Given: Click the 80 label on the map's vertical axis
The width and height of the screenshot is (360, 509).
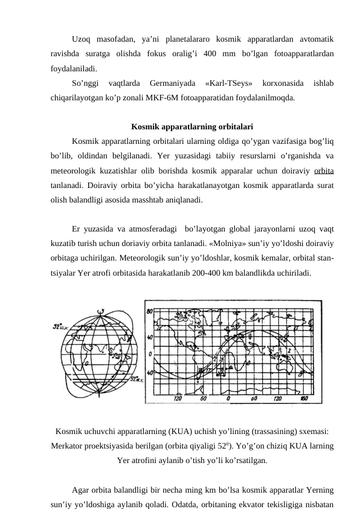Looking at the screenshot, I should click(x=149, y=311).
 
